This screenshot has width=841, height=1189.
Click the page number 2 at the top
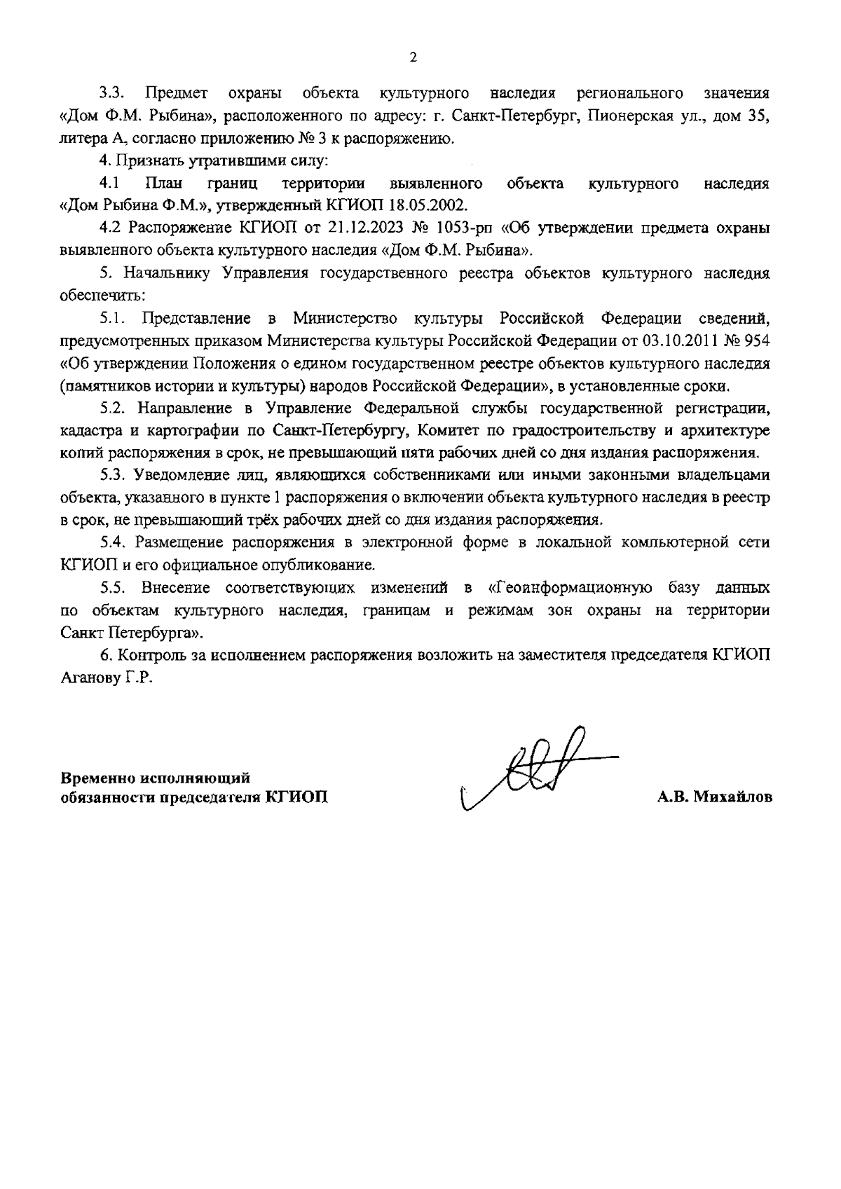[x=413, y=57]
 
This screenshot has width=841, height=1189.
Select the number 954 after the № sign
[x=758, y=341]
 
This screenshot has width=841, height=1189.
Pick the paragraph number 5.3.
[x=112, y=475]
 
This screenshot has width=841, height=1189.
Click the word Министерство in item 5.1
[x=346, y=318]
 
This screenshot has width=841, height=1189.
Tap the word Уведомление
[x=188, y=475]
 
